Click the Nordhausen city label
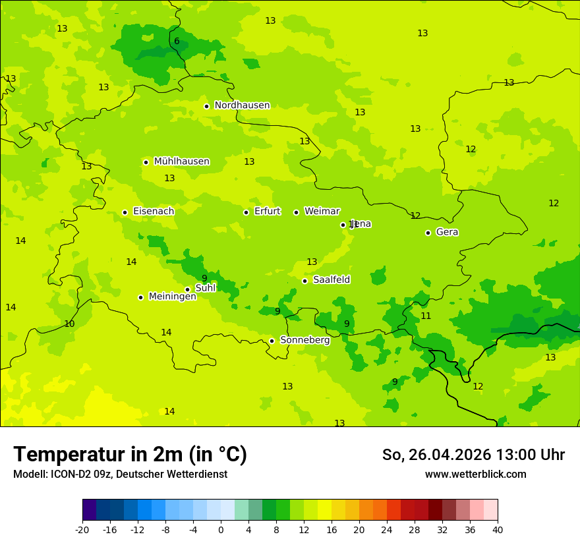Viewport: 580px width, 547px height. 242,105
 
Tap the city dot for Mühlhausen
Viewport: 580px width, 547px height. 146,162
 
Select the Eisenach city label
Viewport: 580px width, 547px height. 154,212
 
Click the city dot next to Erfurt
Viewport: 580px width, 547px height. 246,212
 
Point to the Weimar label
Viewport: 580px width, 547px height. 322,212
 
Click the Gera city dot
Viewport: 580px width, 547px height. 428,233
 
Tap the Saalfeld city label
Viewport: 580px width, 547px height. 332,280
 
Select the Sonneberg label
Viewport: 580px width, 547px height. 304,340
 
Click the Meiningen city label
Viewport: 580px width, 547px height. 172,297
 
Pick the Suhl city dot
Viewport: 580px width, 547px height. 187,289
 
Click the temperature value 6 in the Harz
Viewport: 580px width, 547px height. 177,42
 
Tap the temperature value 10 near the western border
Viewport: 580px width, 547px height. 69,324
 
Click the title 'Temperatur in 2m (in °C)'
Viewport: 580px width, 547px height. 130,455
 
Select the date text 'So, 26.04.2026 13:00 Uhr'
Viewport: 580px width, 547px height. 473,455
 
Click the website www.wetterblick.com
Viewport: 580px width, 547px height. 475,475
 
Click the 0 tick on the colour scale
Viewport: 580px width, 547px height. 221,530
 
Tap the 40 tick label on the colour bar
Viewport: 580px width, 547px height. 497,530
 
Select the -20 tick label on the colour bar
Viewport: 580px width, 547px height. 82,530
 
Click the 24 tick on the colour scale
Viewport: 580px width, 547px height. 387,530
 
